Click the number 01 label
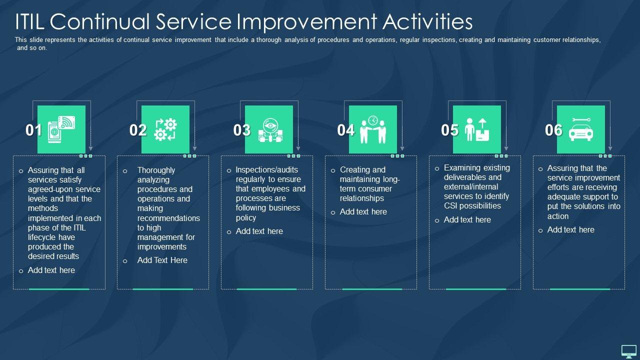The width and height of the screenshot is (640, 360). point(33,130)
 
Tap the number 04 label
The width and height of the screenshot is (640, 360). point(345,130)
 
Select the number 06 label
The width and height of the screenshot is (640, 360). point(553,130)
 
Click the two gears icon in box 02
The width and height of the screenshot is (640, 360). point(165,129)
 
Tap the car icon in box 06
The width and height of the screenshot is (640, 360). point(581,132)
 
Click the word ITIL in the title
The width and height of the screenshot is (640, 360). point(29,21)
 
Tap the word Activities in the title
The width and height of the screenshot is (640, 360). point(427,21)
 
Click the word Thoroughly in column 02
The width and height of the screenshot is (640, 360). point(156,170)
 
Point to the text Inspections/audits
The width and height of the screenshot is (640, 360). point(266,169)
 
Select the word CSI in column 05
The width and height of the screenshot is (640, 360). point(450,205)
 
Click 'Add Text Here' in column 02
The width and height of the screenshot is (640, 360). point(162,260)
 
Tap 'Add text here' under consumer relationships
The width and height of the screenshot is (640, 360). point(363,211)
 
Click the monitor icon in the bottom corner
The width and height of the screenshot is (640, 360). point(629,351)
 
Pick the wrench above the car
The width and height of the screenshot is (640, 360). point(581,120)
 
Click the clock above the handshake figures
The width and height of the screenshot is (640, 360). point(373,120)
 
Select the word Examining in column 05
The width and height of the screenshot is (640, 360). point(459,167)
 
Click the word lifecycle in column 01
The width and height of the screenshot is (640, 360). point(51,237)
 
